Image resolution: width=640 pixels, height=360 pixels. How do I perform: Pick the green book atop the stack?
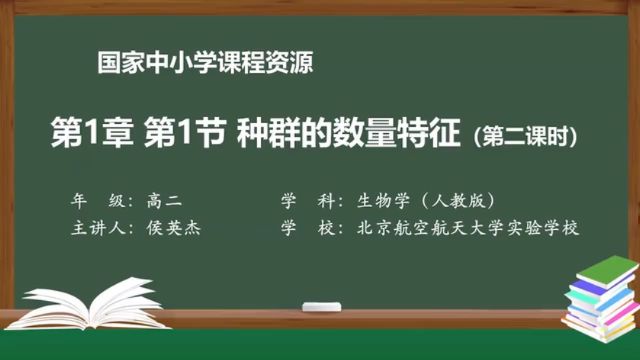602,268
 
